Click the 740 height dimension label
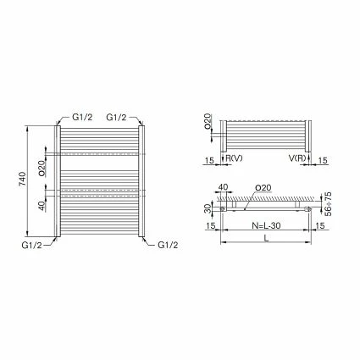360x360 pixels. pos(23,179)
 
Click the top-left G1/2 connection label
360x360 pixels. pos(82,118)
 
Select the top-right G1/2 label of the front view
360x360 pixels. pos(116,118)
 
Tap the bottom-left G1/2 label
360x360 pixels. pos(31,245)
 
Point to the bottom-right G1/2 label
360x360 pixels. pos(168,245)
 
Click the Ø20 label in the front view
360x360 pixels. pos(42,169)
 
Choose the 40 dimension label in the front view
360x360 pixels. pos(42,206)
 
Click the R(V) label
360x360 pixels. pos(234,158)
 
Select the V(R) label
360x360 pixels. pos(297,158)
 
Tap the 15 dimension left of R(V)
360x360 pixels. pos(209,160)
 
